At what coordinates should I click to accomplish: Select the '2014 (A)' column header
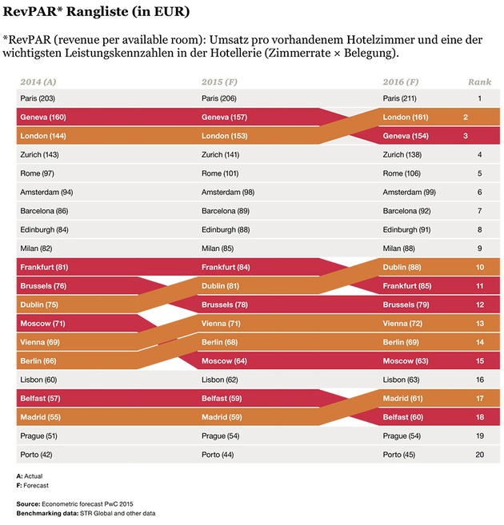[x=37, y=82]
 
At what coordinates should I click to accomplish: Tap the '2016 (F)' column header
[x=401, y=82]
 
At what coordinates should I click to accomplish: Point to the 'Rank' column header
[x=478, y=82]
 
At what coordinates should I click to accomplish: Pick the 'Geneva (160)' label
[x=43, y=117]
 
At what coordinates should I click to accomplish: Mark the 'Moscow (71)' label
[x=43, y=324]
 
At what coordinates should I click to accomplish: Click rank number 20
[x=479, y=455]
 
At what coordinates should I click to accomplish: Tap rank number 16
[x=479, y=380]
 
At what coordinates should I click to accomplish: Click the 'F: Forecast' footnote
[x=34, y=485]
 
